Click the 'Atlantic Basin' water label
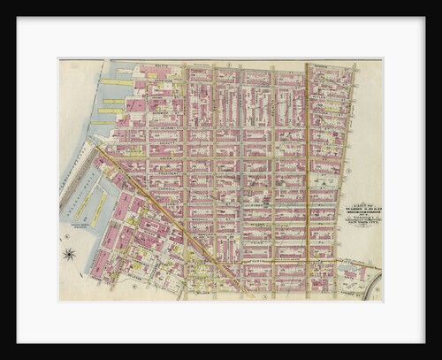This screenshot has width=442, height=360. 78,200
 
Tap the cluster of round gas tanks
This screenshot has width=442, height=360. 354,274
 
